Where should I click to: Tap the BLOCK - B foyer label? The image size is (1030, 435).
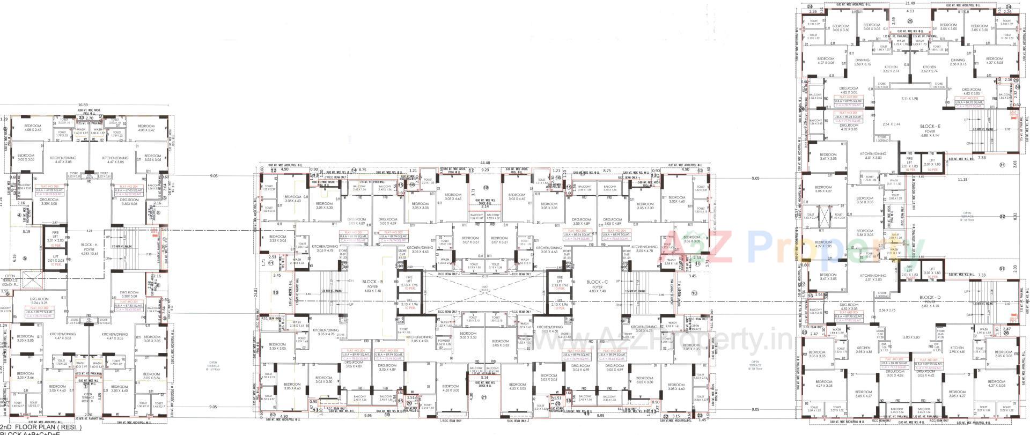click(373, 285)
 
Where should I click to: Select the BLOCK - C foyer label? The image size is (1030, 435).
click(597, 285)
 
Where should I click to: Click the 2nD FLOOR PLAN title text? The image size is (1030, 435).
click(40, 427)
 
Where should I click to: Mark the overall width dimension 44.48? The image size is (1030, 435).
click(485, 163)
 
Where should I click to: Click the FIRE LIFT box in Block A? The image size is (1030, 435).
click(55, 238)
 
